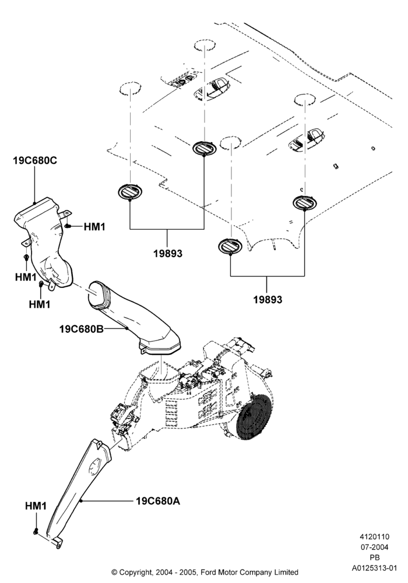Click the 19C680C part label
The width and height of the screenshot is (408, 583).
pyautogui.click(x=35, y=161)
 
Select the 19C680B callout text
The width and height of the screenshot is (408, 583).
pyautogui.click(x=81, y=329)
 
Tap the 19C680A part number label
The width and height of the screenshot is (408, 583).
pyautogui.click(x=158, y=501)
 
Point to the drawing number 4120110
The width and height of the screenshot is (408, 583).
pyautogui.click(x=374, y=536)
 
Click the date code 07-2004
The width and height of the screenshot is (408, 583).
pyautogui.click(x=374, y=547)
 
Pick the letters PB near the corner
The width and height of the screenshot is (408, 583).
pyautogui.click(x=375, y=558)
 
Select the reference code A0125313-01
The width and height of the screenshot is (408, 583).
pyautogui.click(x=375, y=568)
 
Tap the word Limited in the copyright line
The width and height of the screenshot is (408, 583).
pyautogui.click(x=286, y=572)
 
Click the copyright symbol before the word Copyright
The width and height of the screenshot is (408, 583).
pyautogui.click(x=114, y=572)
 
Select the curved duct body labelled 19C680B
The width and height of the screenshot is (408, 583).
pyautogui.click(x=134, y=319)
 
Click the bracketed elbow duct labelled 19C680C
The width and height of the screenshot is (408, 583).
pyautogui.click(x=45, y=242)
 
